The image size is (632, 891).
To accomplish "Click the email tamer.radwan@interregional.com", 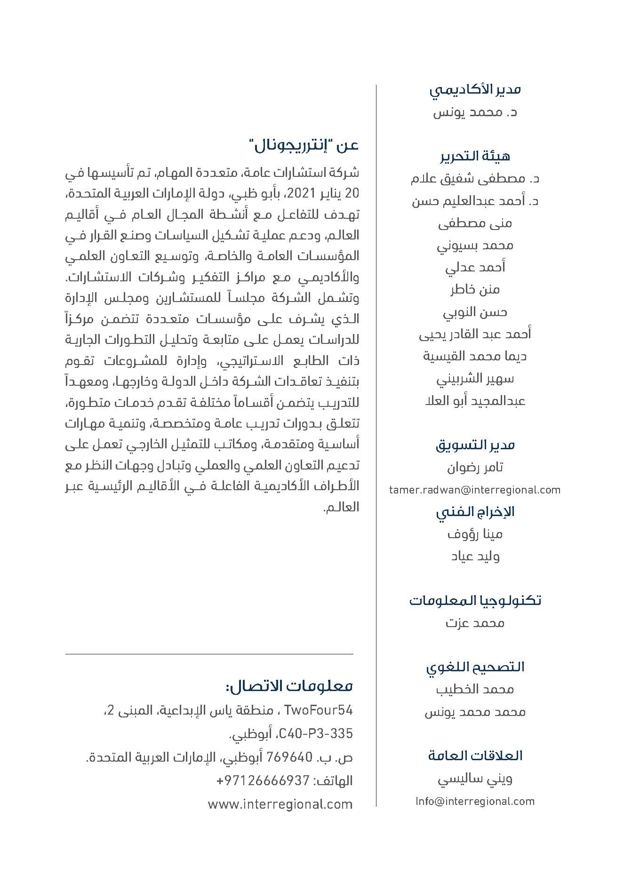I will [475, 490].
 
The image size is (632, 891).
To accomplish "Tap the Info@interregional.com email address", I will [475, 801].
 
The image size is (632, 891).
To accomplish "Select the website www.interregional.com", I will [280, 804].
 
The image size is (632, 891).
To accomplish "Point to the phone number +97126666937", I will [263, 781].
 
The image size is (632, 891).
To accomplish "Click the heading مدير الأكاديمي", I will [475, 89].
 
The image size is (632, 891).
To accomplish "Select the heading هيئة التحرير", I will [475, 156].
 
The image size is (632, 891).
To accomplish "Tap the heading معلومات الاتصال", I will [289, 686].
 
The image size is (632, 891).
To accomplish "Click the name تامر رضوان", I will [475, 467].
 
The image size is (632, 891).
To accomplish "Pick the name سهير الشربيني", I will [475, 378].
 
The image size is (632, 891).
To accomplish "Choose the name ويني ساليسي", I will [475, 779].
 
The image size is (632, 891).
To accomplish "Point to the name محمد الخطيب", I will [475, 690].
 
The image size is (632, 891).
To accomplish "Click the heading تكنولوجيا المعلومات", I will [475, 601].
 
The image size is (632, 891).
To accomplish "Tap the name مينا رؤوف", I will [475, 534].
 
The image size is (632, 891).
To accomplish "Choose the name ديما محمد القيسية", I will [475, 356].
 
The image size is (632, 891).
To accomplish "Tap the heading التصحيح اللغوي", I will [475, 667].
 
